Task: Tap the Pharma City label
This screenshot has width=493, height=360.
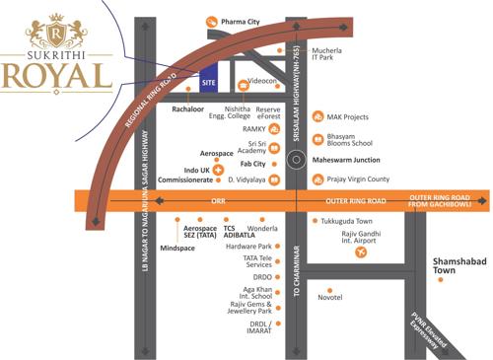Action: tap(242, 21)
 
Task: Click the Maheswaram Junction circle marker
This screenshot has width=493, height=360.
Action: tap(295, 159)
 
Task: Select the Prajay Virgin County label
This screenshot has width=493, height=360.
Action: tap(359, 180)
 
